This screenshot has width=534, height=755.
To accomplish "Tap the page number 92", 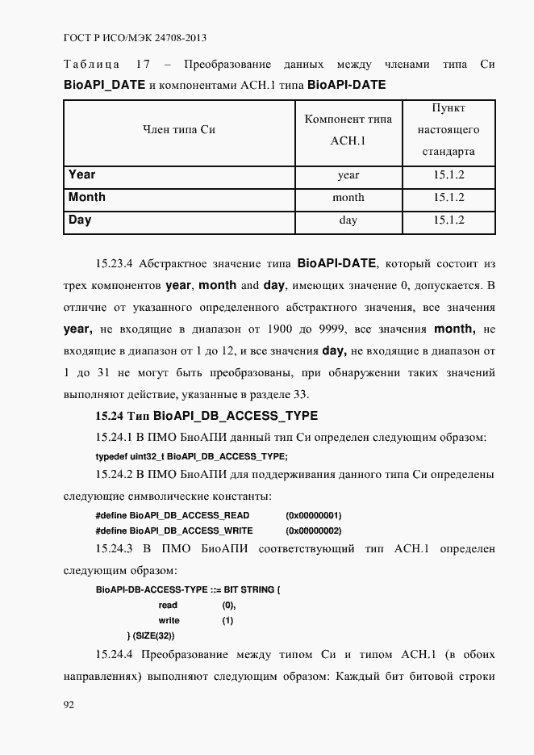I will tap(69, 705).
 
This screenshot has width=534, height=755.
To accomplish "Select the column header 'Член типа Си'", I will tap(179, 129).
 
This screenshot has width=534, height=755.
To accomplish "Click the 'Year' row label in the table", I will tap(81, 174).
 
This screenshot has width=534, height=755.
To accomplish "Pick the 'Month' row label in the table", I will tap(86, 197).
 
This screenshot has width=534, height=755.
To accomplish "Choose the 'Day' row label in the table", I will tap(80, 220).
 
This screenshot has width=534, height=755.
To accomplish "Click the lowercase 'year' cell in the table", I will tap(348, 175).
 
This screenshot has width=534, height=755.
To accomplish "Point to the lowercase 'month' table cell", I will tap(348, 198).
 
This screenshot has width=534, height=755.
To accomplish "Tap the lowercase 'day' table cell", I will tap(348, 220).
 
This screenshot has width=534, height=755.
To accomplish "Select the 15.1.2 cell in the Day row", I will tap(448, 220).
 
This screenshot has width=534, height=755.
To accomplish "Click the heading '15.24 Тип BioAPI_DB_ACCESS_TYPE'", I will tap(207, 416).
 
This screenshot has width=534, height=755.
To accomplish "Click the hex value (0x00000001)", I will tap(314, 515).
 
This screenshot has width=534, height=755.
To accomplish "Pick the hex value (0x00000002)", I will tap(314, 531).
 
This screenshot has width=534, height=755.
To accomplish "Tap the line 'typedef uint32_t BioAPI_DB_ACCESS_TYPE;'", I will tap(191, 456).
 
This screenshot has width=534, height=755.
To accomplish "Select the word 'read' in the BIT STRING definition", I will tap(168, 605).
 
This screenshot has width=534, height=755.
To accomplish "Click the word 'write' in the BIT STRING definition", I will tap(169, 620).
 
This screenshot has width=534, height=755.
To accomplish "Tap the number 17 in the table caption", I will tap(144, 64).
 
